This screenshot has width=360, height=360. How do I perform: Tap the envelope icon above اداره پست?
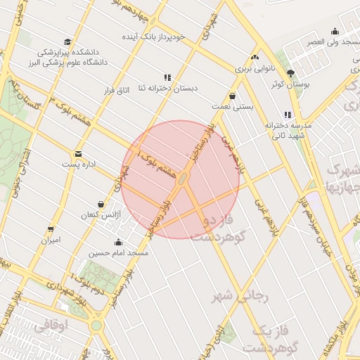[77, 153]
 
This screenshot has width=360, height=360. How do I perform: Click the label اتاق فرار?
[117, 91]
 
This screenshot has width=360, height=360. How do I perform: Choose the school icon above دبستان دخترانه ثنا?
[167, 77]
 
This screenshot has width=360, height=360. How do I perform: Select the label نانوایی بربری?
[252, 70]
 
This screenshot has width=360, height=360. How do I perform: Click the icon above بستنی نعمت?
[232, 96]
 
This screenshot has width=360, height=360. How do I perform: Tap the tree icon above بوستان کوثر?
[290, 74]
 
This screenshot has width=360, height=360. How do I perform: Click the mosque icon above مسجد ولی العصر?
[335, 31]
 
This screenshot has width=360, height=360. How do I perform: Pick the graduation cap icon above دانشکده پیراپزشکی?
[67, 41]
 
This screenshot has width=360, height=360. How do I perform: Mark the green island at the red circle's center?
[181, 180]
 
